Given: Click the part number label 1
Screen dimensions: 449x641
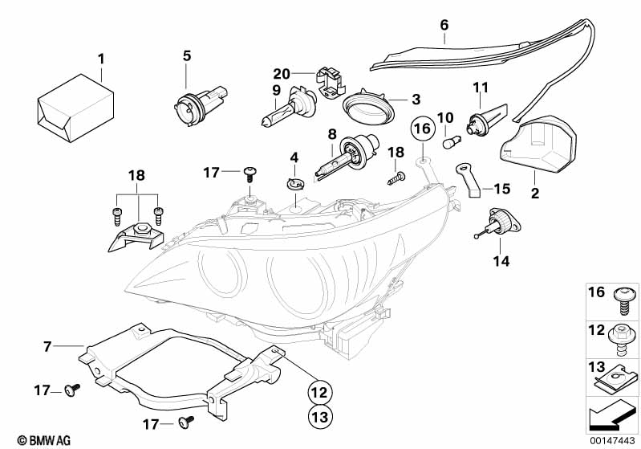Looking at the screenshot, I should (101, 59).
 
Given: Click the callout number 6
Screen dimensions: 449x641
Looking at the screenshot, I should (444, 26).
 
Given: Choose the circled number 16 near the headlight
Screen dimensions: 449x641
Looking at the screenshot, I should (422, 129).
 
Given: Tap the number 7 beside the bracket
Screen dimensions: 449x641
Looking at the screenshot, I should (47, 347).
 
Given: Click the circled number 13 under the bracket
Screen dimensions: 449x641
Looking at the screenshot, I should (319, 418).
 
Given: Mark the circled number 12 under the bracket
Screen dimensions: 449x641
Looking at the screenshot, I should (319, 392).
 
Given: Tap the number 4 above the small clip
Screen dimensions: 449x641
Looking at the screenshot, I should (294, 157).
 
